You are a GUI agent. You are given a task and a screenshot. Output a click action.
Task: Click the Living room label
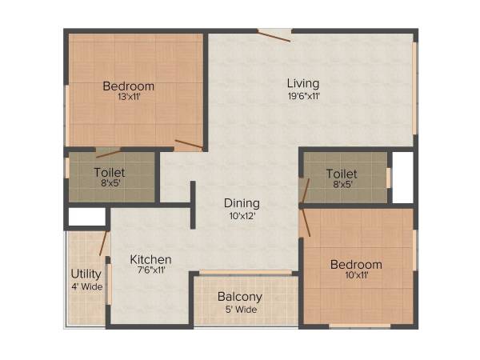click(303, 83)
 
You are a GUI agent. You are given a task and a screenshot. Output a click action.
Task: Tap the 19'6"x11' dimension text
click(303, 96)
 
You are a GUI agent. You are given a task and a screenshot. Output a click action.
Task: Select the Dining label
click(241, 202)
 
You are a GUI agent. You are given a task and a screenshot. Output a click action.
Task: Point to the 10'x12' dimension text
click(241, 215)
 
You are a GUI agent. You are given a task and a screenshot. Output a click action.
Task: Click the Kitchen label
click(151, 259)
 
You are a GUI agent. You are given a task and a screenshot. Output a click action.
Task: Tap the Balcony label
click(240, 297)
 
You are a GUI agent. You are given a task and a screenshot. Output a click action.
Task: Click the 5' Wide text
click(240, 310)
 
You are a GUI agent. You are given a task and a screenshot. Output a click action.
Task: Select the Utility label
click(86, 274)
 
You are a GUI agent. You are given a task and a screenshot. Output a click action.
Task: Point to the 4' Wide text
click(86, 286)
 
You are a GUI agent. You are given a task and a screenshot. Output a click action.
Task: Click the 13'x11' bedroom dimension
click(129, 98)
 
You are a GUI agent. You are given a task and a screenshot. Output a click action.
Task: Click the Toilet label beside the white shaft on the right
click(342, 172)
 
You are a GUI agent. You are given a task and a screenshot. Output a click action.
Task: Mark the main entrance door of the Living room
click(274, 34)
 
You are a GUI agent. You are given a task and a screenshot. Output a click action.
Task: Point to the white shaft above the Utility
click(86, 216)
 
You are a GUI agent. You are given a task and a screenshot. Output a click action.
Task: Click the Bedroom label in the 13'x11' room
click(129, 86)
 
